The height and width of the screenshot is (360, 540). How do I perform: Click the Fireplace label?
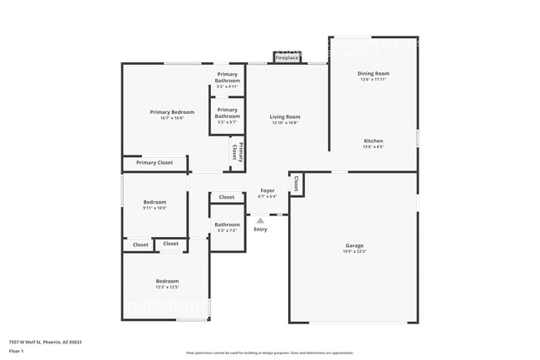287,58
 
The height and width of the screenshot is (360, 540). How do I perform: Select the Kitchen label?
373,141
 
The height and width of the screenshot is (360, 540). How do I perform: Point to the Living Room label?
284,117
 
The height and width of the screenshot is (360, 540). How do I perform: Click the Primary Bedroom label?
172,112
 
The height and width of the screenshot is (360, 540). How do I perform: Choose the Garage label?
355,245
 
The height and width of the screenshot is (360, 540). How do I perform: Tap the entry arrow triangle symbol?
260,220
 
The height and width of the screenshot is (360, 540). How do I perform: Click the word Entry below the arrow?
260,229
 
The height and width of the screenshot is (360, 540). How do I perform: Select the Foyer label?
267,190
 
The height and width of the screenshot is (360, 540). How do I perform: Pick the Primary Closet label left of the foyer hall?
155,163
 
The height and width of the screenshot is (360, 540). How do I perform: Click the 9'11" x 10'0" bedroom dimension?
155,208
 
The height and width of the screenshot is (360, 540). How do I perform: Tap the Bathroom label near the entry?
227,224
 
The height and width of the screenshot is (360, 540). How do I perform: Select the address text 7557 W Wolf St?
45,342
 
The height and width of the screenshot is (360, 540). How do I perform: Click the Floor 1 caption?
17,352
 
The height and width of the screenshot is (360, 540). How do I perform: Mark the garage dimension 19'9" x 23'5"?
355,251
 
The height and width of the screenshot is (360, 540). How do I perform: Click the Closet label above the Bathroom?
227,198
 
